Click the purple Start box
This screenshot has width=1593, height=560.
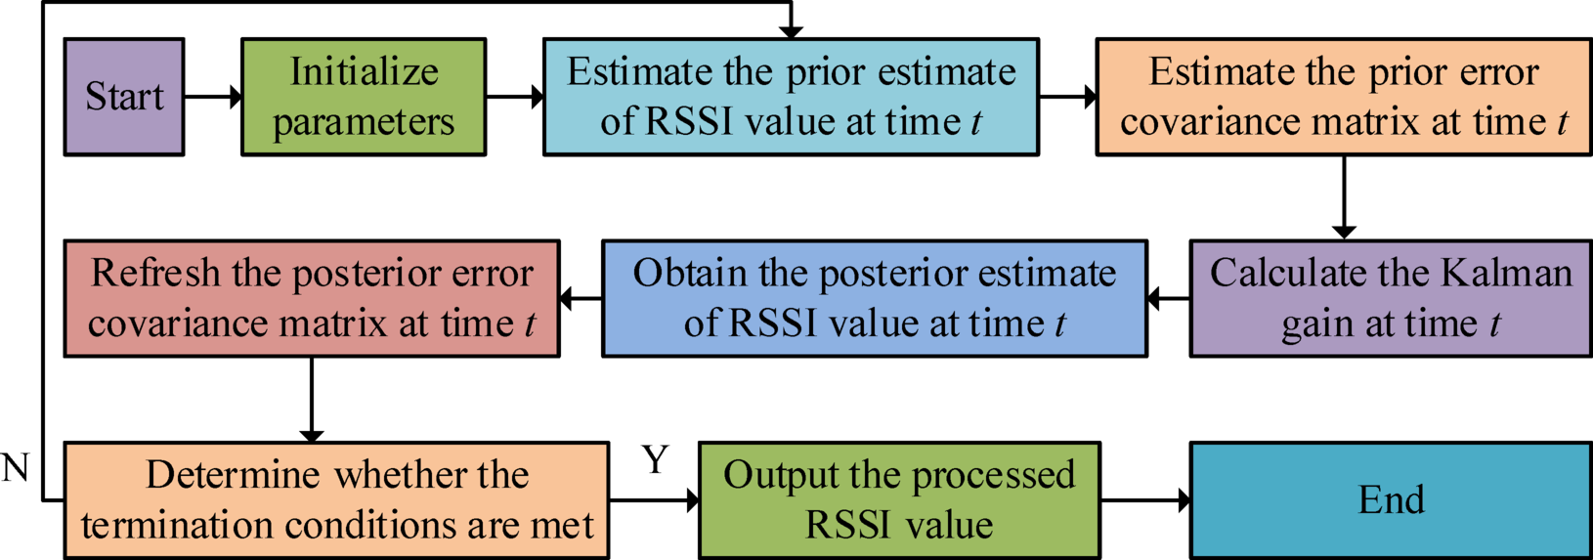(x=124, y=97)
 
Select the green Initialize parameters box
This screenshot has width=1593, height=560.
(x=364, y=97)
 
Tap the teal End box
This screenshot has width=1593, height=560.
(x=1391, y=500)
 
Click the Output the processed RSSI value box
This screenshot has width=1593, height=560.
(x=899, y=500)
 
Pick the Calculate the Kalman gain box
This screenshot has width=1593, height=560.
(x=1391, y=298)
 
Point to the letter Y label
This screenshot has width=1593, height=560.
(x=655, y=459)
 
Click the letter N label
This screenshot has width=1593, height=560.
(x=15, y=469)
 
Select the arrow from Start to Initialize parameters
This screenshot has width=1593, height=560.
(x=213, y=97)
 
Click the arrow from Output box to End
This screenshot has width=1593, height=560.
(x=1145, y=500)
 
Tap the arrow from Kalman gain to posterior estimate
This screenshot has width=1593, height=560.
(x=1169, y=298)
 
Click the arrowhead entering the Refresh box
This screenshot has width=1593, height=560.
(x=568, y=298)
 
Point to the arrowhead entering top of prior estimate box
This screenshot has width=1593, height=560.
(x=791, y=31)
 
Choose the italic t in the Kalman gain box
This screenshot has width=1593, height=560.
(x=1494, y=324)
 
